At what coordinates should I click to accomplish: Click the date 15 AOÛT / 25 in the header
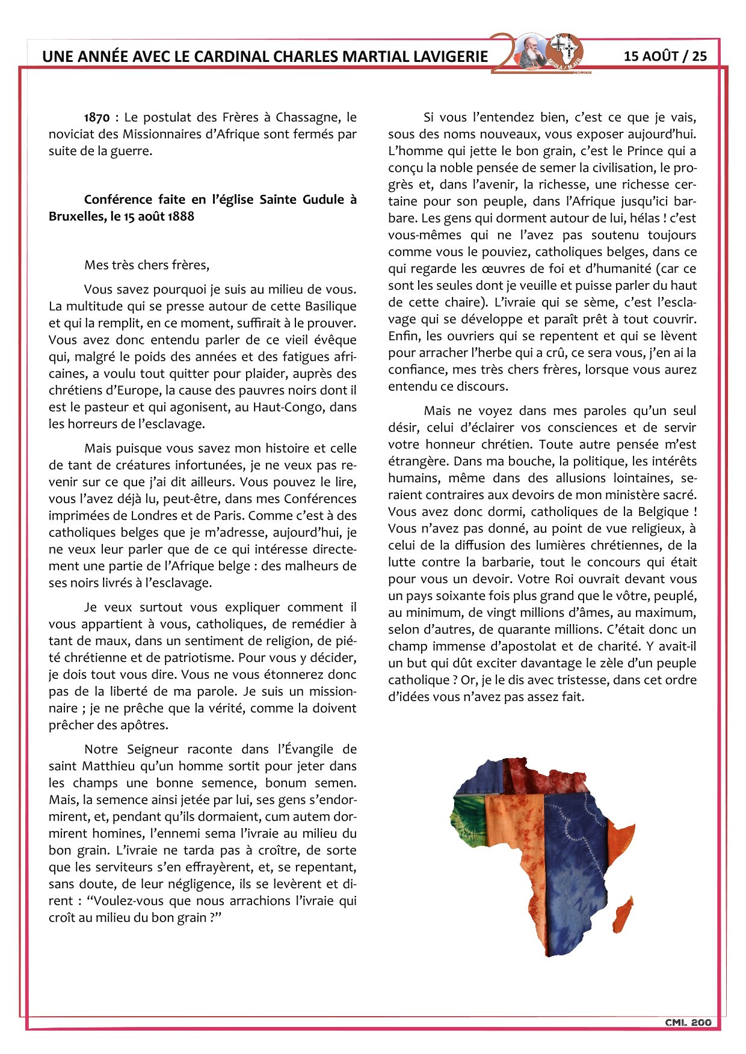[x=665, y=57]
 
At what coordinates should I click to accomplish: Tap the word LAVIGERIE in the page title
[x=450, y=57]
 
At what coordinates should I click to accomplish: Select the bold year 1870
[x=97, y=118]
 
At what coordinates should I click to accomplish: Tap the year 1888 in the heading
[x=180, y=216]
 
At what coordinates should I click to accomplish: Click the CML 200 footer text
[x=688, y=1023]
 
